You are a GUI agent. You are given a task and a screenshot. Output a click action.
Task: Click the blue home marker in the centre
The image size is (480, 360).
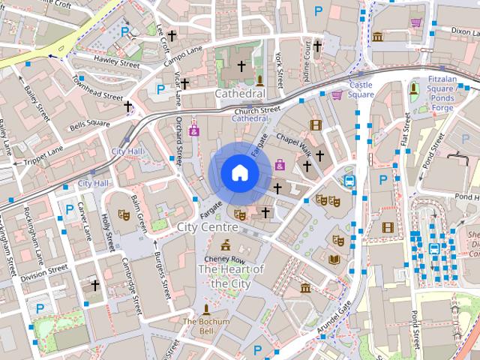(240, 172)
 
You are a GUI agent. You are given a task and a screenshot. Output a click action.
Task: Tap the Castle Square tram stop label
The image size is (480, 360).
(361, 90)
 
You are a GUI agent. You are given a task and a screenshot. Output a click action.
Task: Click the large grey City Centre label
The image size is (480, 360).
(207, 226)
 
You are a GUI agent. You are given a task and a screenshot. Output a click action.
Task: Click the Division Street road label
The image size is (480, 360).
(43, 275)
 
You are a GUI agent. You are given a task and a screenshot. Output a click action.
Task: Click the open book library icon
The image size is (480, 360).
(334, 259)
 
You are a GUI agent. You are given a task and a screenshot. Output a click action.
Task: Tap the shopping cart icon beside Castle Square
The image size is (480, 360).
(337, 94)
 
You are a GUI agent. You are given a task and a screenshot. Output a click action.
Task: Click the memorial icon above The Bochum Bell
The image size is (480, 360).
(206, 309)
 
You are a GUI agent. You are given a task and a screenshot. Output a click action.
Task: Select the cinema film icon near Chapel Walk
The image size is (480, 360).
(316, 124)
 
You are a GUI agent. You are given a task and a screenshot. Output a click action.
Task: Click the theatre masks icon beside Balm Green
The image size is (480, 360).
(123, 215)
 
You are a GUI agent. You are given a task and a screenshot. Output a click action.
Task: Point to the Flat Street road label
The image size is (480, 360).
(406, 129)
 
